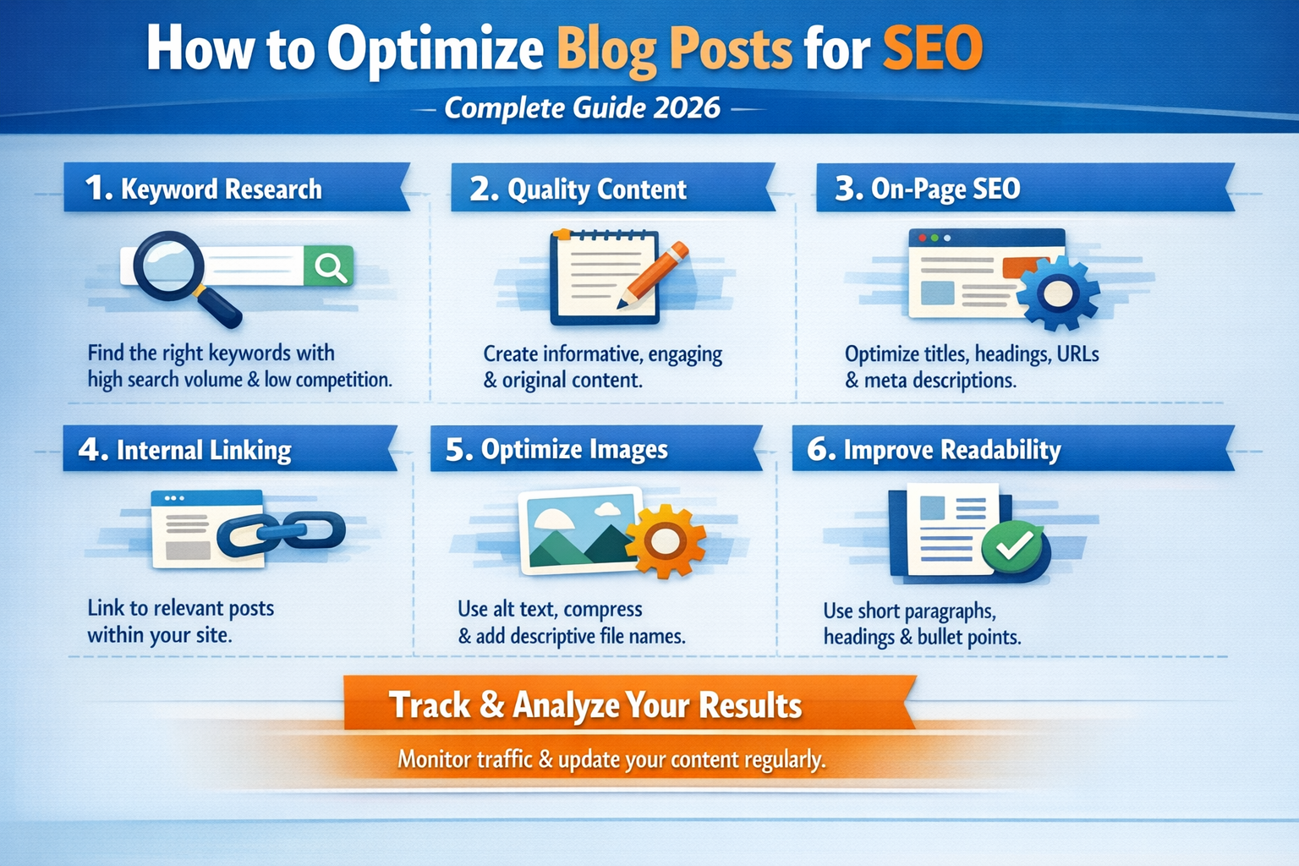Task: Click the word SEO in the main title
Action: point(932,49)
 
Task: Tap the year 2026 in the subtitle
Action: point(686,108)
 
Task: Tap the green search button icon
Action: point(329,266)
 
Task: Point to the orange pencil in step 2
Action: point(653,274)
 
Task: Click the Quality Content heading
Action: point(597,189)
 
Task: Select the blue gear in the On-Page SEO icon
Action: point(1057,293)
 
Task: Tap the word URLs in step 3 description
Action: point(1077,354)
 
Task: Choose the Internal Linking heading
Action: point(204,450)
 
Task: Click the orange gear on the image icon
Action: point(666,540)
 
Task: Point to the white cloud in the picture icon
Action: point(606,509)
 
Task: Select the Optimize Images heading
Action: point(574,449)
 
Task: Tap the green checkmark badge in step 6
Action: point(1013,547)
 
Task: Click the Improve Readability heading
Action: point(951,450)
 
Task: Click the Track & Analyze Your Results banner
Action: point(595,705)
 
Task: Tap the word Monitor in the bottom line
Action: point(435,759)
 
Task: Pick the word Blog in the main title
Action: point(606,49)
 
